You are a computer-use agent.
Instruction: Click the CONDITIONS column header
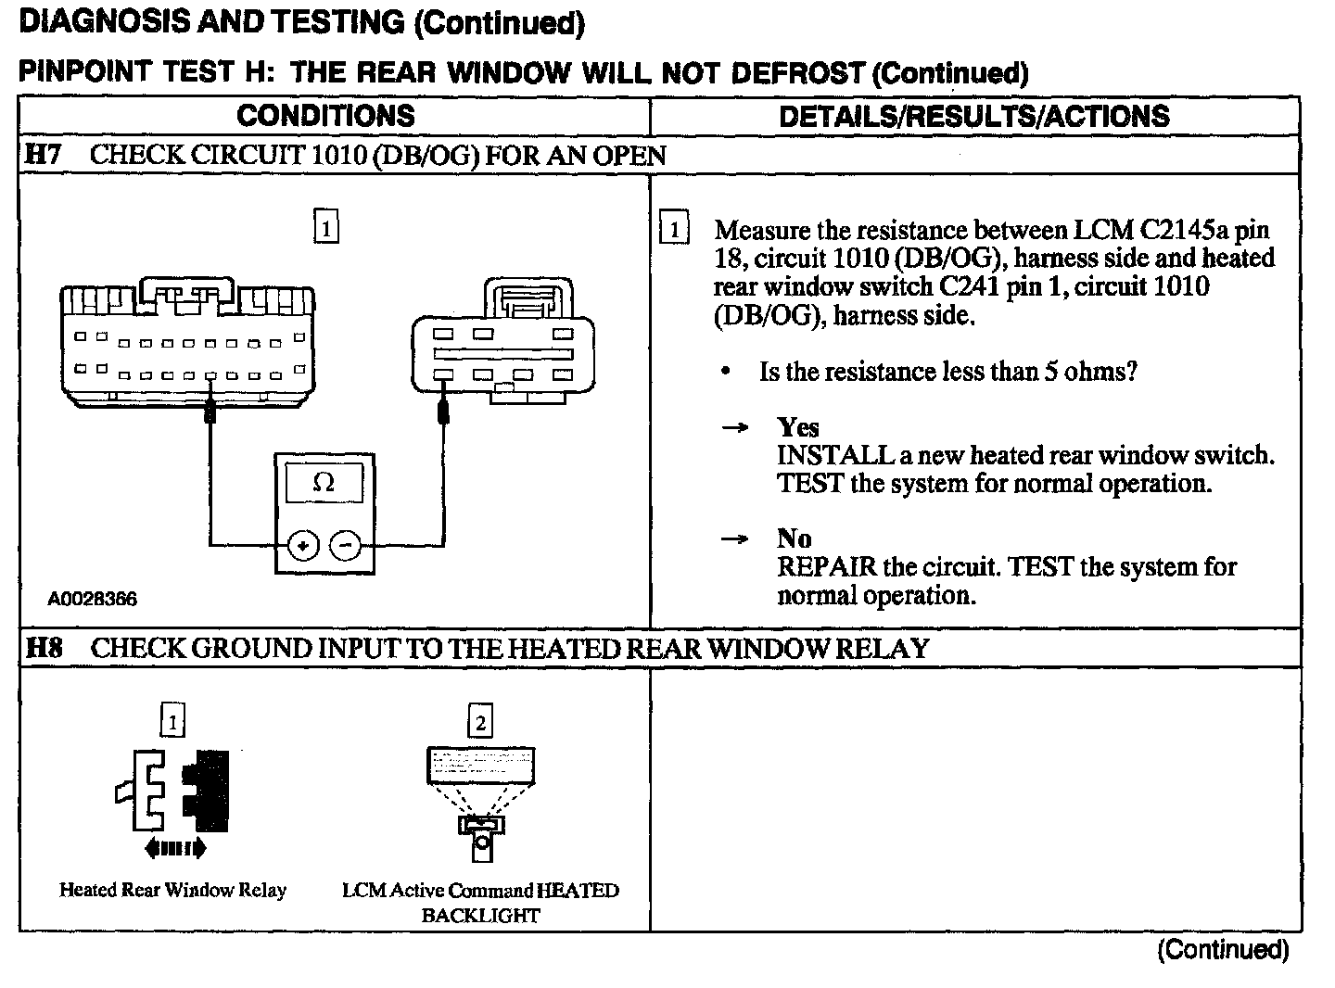coord(325,116)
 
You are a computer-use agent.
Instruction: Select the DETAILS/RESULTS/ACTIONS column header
coord(973,116)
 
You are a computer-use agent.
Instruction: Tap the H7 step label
coord(43,155)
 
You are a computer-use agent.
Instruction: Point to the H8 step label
coord(43,648)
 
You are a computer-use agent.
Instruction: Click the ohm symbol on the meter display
coord(324,483)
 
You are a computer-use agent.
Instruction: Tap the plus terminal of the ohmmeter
coord(302,546)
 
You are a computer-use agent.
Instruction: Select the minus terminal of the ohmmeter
coord(346,546)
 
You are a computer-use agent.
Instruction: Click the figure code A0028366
coord(92,599)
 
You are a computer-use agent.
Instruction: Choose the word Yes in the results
coord(798,427)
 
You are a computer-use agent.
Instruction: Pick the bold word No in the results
coord(794,538)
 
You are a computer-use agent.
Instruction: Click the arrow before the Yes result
coord(734,428)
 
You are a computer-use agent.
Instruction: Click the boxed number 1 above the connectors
coord(326,227)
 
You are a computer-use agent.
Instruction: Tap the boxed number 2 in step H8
coord(480,721)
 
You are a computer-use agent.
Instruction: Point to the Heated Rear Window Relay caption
coord(172,890)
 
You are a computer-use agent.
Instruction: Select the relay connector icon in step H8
coord(172,792)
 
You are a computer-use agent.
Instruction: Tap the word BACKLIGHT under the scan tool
coord(480,916)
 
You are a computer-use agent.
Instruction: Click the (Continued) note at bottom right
coord(1222,949)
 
